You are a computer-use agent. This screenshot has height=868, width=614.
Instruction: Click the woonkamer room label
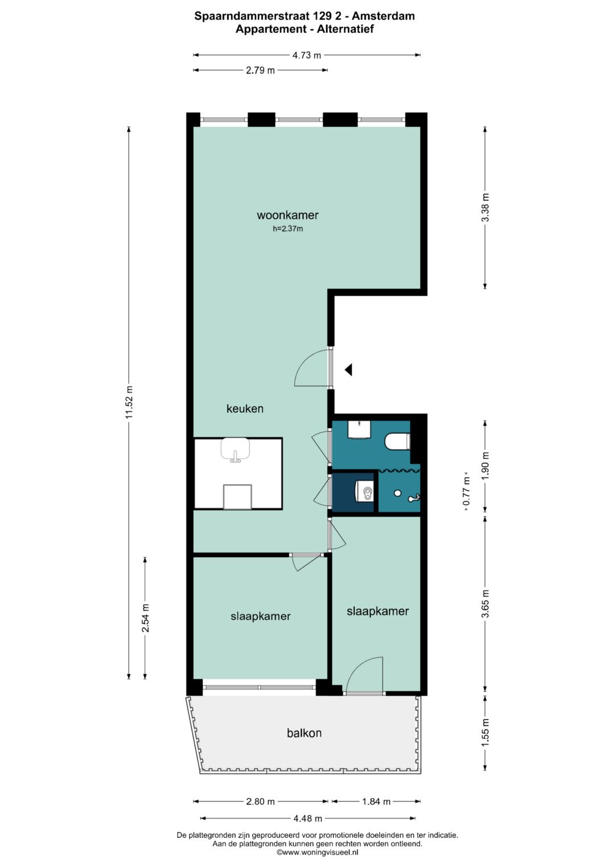click(288, 215)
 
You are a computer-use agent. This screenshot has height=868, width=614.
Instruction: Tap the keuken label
click(245, 409)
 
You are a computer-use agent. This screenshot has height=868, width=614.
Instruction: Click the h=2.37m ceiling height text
click(288, 229)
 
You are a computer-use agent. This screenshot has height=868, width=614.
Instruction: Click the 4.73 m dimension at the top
click(306, 55)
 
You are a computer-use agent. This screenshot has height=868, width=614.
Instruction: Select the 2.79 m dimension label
click(260, 70)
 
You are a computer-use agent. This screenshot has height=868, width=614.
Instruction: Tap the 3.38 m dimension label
click(486, 207)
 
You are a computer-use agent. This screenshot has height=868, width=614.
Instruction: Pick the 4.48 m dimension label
click(308, 819)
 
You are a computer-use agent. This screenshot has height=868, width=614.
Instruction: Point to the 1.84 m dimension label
click(376, 801)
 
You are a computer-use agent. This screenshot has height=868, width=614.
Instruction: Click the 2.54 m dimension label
click(146, 618)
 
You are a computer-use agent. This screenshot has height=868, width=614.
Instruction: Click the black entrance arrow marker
click(348, 369)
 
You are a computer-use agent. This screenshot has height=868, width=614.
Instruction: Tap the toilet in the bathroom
click(397, 442)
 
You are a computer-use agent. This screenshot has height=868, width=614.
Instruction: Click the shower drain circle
click(397, 493)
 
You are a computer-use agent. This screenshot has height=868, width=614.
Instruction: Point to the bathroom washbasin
click(360, 430)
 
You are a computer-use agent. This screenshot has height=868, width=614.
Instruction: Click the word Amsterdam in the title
click(383, 16)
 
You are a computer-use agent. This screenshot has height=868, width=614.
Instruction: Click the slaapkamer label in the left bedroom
click(260, 617)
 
